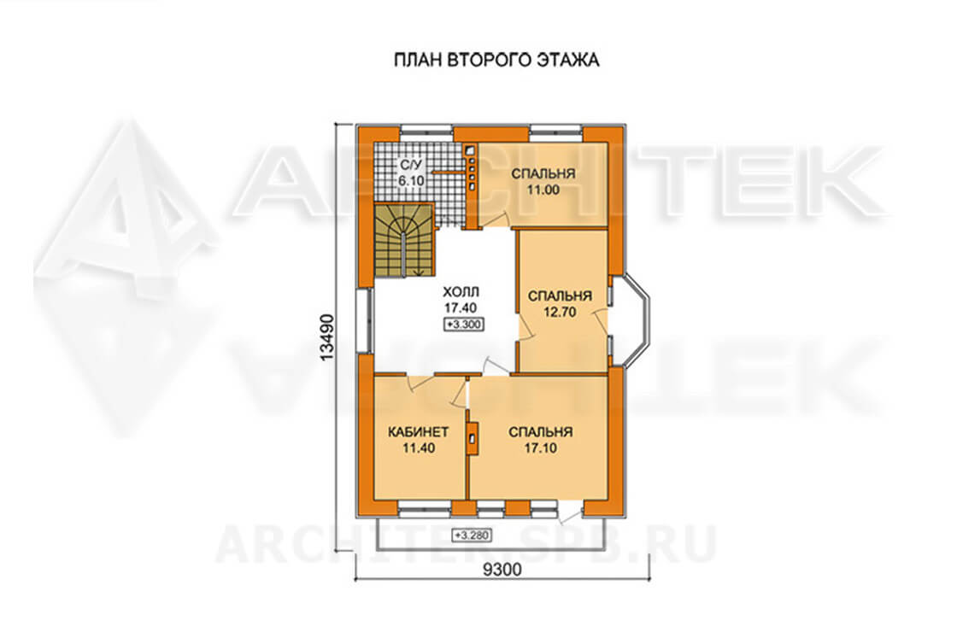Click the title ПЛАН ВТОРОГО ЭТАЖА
[x=496, y=61]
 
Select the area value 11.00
[x=543, y=190]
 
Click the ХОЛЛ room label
[x=461, y=291]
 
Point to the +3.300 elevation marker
[x=464, y=325]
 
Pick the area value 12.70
[x=560, y=313]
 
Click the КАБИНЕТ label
[x=419, y=432]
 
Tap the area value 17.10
[x=540, y=448]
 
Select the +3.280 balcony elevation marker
[x=471, y=536]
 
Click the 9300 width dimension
[x=502, y=570]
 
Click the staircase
[x=404, y=240]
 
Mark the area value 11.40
[x=419, y=448]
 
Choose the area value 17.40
[x=461, y=308]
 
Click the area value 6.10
[x=411, y=180]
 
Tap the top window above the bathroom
[x=426, y=132]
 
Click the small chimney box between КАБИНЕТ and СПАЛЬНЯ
[x=472, y=437]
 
